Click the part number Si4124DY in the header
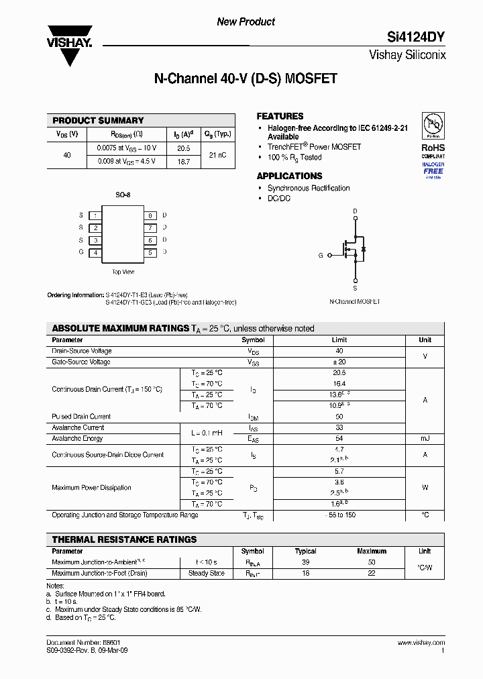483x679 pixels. click(x=416, y=38)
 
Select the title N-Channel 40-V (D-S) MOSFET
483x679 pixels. click(x=246, y=79)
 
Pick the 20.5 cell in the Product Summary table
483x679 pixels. click(x=183, y=148)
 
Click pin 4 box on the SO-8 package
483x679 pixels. click(x=96, y=253)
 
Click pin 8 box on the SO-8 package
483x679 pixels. click(x=151, y=215)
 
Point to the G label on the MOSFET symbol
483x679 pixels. click(x=321, y=256)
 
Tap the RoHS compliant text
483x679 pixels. click(x=433, y=150)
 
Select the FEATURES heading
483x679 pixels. click(x=280, y=116)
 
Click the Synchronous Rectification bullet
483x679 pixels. click(x=309, y=189)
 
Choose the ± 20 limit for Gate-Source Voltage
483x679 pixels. click(x=339, y=362)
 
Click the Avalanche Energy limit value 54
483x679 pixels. click(x=339, y=439)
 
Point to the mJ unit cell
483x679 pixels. click(x=425, y=439)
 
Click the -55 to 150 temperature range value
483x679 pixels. click(x=339, y=515)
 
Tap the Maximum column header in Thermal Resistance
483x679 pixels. click(x=372, y=551)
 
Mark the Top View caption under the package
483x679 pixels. click(x=123, y=272)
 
